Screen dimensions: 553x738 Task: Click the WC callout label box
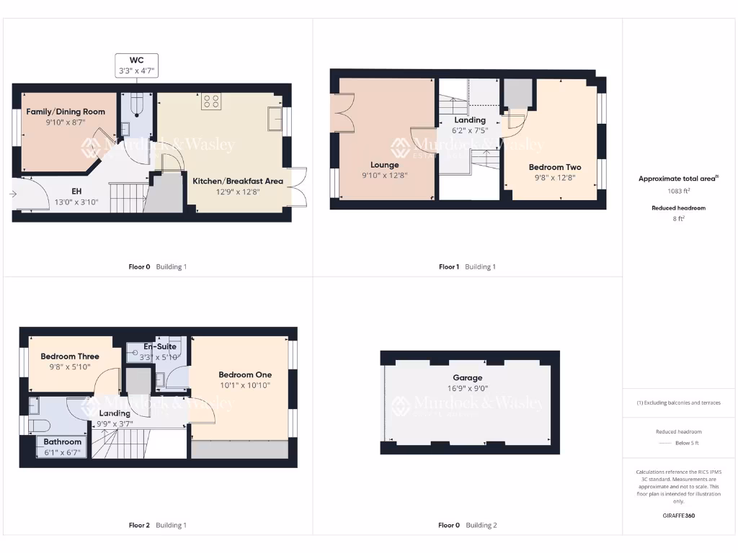click(x=137, y=65)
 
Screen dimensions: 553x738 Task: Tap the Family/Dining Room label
click(x=66, y=112)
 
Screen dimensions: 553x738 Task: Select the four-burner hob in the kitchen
click(x=211, y=102)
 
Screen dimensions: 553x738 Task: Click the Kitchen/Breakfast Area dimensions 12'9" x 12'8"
click(x=238, y=192)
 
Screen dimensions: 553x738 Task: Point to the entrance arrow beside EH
click(x=14, y=193)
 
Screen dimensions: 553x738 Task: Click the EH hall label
click(x=76, y=192)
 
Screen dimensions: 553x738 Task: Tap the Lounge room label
click(x=385, y=165)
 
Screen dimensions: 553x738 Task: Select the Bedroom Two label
click(x=555, y=167)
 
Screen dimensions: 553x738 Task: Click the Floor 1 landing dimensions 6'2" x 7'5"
click(x=470, y=130)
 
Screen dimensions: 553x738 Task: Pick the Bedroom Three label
click(x=70, y=356)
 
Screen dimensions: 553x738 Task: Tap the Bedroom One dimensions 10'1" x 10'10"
click(x=244, y=385)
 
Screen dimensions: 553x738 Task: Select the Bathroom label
click(x=63, y=441)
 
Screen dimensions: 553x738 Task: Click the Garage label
click(x=468, y=377)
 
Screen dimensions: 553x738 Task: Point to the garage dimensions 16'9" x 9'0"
click(x=468, y=388)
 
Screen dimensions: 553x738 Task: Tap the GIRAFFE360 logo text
click(x=678, y=516)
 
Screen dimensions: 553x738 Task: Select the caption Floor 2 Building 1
click(x=157, y=525)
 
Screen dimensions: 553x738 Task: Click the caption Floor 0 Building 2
click(x=468, y=525)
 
